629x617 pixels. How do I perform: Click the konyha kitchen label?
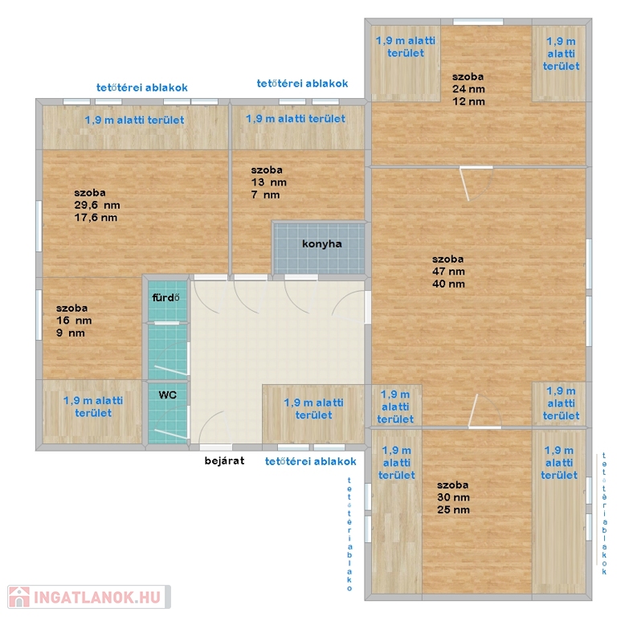pos(321,243)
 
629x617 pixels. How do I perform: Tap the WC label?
pos(168,394)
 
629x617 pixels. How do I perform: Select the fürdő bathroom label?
pos(165,298)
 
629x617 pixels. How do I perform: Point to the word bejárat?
pos(224,460)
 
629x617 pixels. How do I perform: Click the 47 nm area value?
pos(448,272)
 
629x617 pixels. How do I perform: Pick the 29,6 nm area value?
pos(97,205)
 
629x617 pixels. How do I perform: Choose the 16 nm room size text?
pos(74,321)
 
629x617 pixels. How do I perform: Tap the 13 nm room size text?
pos(269,182)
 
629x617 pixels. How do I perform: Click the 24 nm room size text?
pos(468,88)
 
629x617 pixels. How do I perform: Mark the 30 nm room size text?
pos(453,497)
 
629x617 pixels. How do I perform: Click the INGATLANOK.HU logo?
pos(89,597)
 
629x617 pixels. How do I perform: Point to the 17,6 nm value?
pos(96,218)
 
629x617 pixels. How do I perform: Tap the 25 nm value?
pos(453,509)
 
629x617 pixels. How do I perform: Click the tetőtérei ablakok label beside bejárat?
pos(311,461)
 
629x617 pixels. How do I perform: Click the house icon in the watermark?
pos(19,597)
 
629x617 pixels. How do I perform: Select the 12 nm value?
pos(468,101)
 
